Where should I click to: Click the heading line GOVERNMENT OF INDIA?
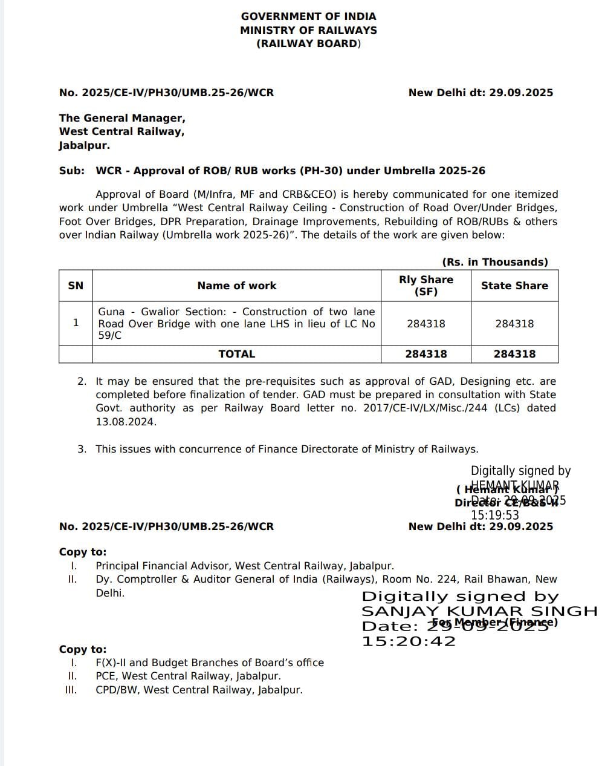tap(308, 16)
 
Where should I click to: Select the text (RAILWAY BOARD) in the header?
tap(308, 44)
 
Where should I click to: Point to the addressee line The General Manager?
tap(122, 118)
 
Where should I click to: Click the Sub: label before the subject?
tap(72, 171)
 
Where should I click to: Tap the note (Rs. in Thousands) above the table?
tap(495, 262)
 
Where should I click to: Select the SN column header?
tap(76, 286)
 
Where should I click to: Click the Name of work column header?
tap(236, 286)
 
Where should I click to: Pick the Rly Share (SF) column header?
tap(426, 286)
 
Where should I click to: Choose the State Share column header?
tap(514, 286)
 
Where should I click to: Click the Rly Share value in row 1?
tap(426, 324)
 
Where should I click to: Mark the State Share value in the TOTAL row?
tap(514, 354)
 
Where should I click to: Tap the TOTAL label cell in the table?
tap(236, 354)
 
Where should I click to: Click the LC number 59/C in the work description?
tap(110, 336)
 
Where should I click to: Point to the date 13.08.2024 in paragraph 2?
tap(125, 422)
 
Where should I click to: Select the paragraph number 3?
tap(82, 449)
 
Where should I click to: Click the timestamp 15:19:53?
tap(495, 516)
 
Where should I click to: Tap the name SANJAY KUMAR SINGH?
tap(479, 611)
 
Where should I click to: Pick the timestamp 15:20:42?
tap(409, 641)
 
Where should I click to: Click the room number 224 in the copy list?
tap(451, 579)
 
